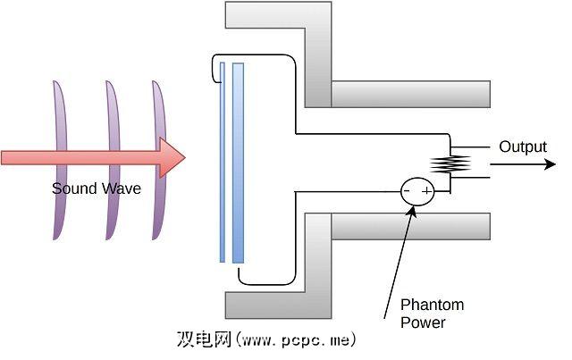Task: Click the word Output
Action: [523, 147]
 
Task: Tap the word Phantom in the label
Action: [433, 306]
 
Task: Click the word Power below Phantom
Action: [423, 322]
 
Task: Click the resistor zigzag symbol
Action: [450, 163]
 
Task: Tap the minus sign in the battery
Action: [407, 191]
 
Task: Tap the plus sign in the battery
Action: [426, 191]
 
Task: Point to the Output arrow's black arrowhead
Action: [544, 164]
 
